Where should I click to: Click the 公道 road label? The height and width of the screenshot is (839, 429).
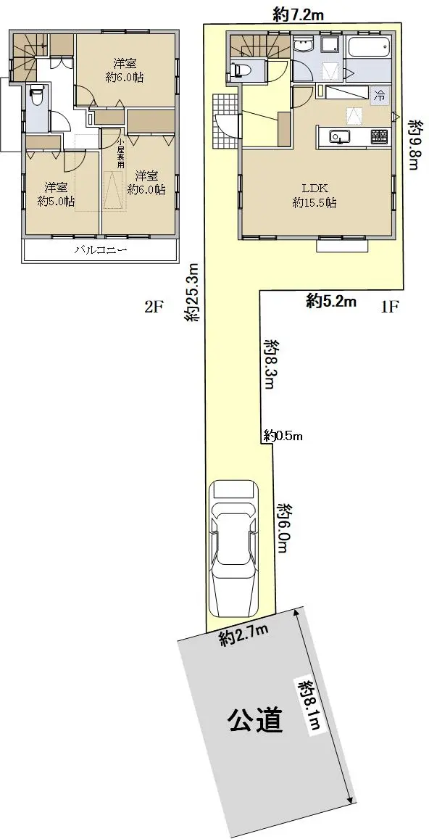click(x=256, y=721)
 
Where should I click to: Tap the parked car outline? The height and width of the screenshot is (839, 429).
click(x=234, y=548)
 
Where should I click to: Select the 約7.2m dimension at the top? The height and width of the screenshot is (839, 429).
click(x=297, y=15)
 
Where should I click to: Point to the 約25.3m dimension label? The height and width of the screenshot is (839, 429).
click(x=193, y=292)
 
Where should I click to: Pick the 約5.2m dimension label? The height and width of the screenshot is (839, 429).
click(x=332, y=302)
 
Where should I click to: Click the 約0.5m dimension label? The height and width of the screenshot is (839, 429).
click(x=283, y=436)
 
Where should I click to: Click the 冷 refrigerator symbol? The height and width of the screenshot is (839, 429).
click(x=380, y=97)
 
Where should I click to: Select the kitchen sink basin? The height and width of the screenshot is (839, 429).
click(x=339, y=137)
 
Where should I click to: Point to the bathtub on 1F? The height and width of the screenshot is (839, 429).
click(x=369, y=50)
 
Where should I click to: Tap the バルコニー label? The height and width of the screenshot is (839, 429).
click(x=101, y=249)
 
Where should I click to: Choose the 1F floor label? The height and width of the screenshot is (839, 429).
click(x=389, y=307)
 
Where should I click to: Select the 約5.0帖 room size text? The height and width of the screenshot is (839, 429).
click(x=57, y=202)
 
